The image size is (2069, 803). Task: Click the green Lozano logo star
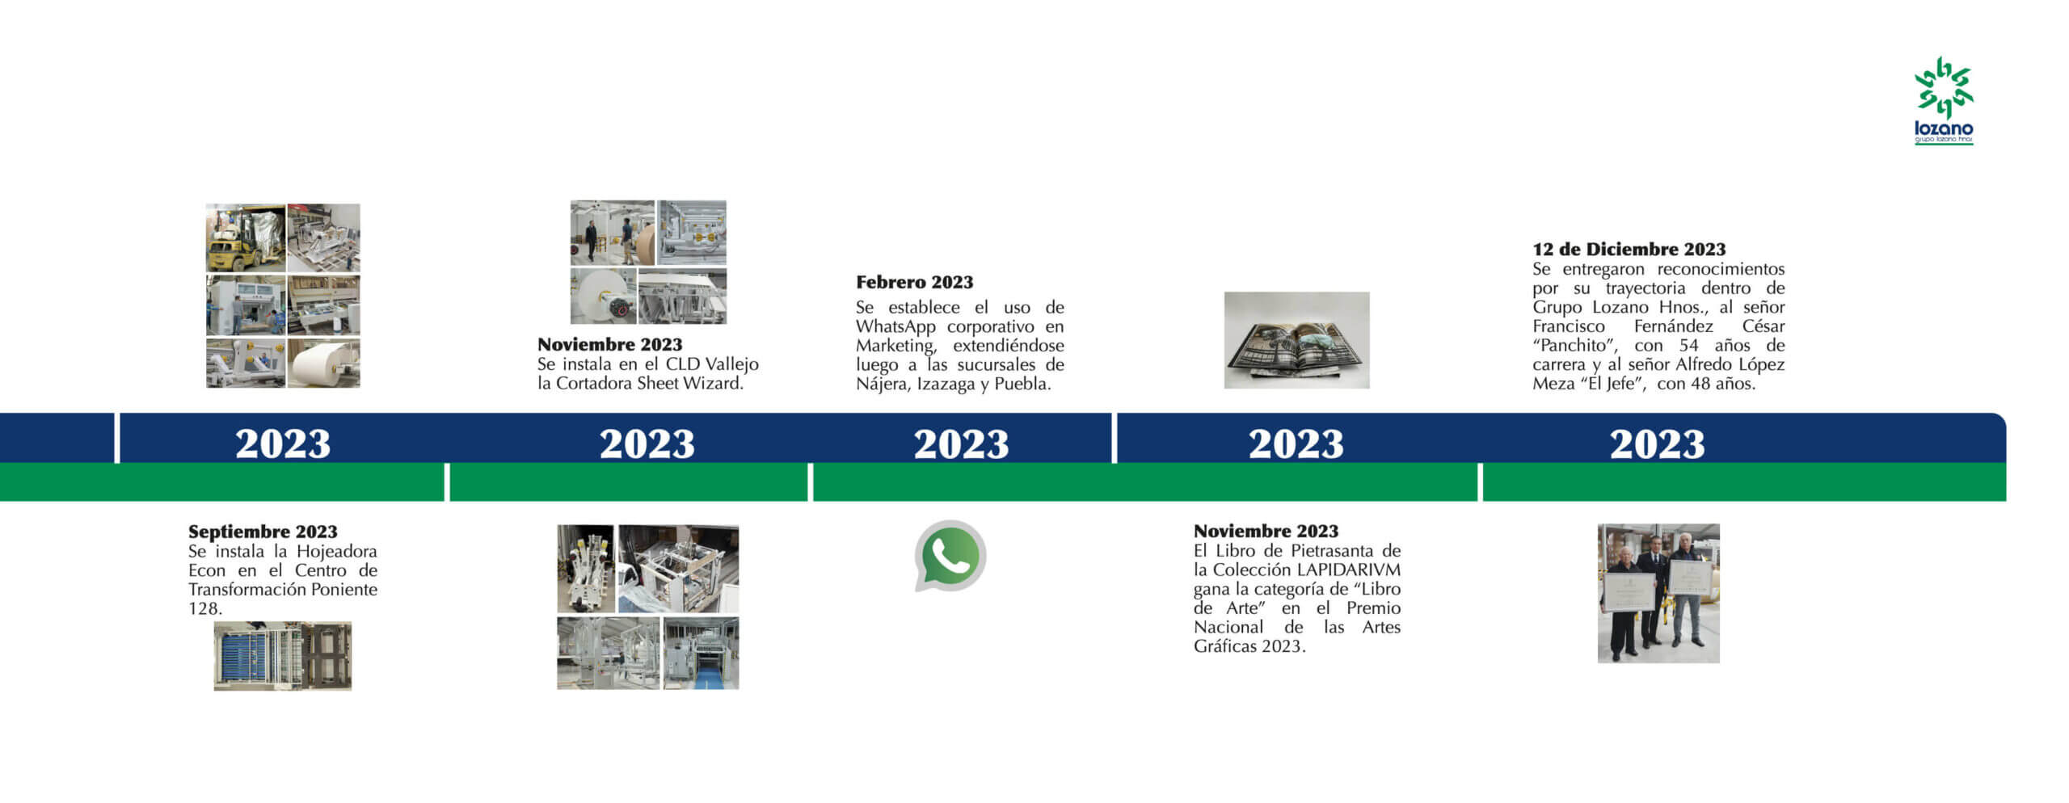(x=1944, y=87)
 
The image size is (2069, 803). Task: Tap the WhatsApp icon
(x=950, y=556)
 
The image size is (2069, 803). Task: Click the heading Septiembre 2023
(x=263, y=532)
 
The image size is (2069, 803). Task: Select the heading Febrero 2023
(x=914, y=282)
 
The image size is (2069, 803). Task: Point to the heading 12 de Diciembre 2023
(x=1629, y=249)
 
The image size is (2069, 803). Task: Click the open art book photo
(x=1296, y=340)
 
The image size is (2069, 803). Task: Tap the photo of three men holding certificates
(x=1658, y=593)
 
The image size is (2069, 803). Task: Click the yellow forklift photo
(x=246, y=238)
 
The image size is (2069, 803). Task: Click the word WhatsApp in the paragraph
(x=895, y=326)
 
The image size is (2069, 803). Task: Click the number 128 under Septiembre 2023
(x=204, y=608)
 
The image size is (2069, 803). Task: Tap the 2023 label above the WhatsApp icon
(x=961, y=444)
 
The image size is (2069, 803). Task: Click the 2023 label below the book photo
(x=1296, y=444)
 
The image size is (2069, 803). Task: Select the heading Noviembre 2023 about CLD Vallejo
(x=609, y=344)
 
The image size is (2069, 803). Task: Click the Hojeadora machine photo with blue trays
(x=282, y=655)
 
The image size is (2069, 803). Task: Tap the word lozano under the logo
(x=1944, y=128)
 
